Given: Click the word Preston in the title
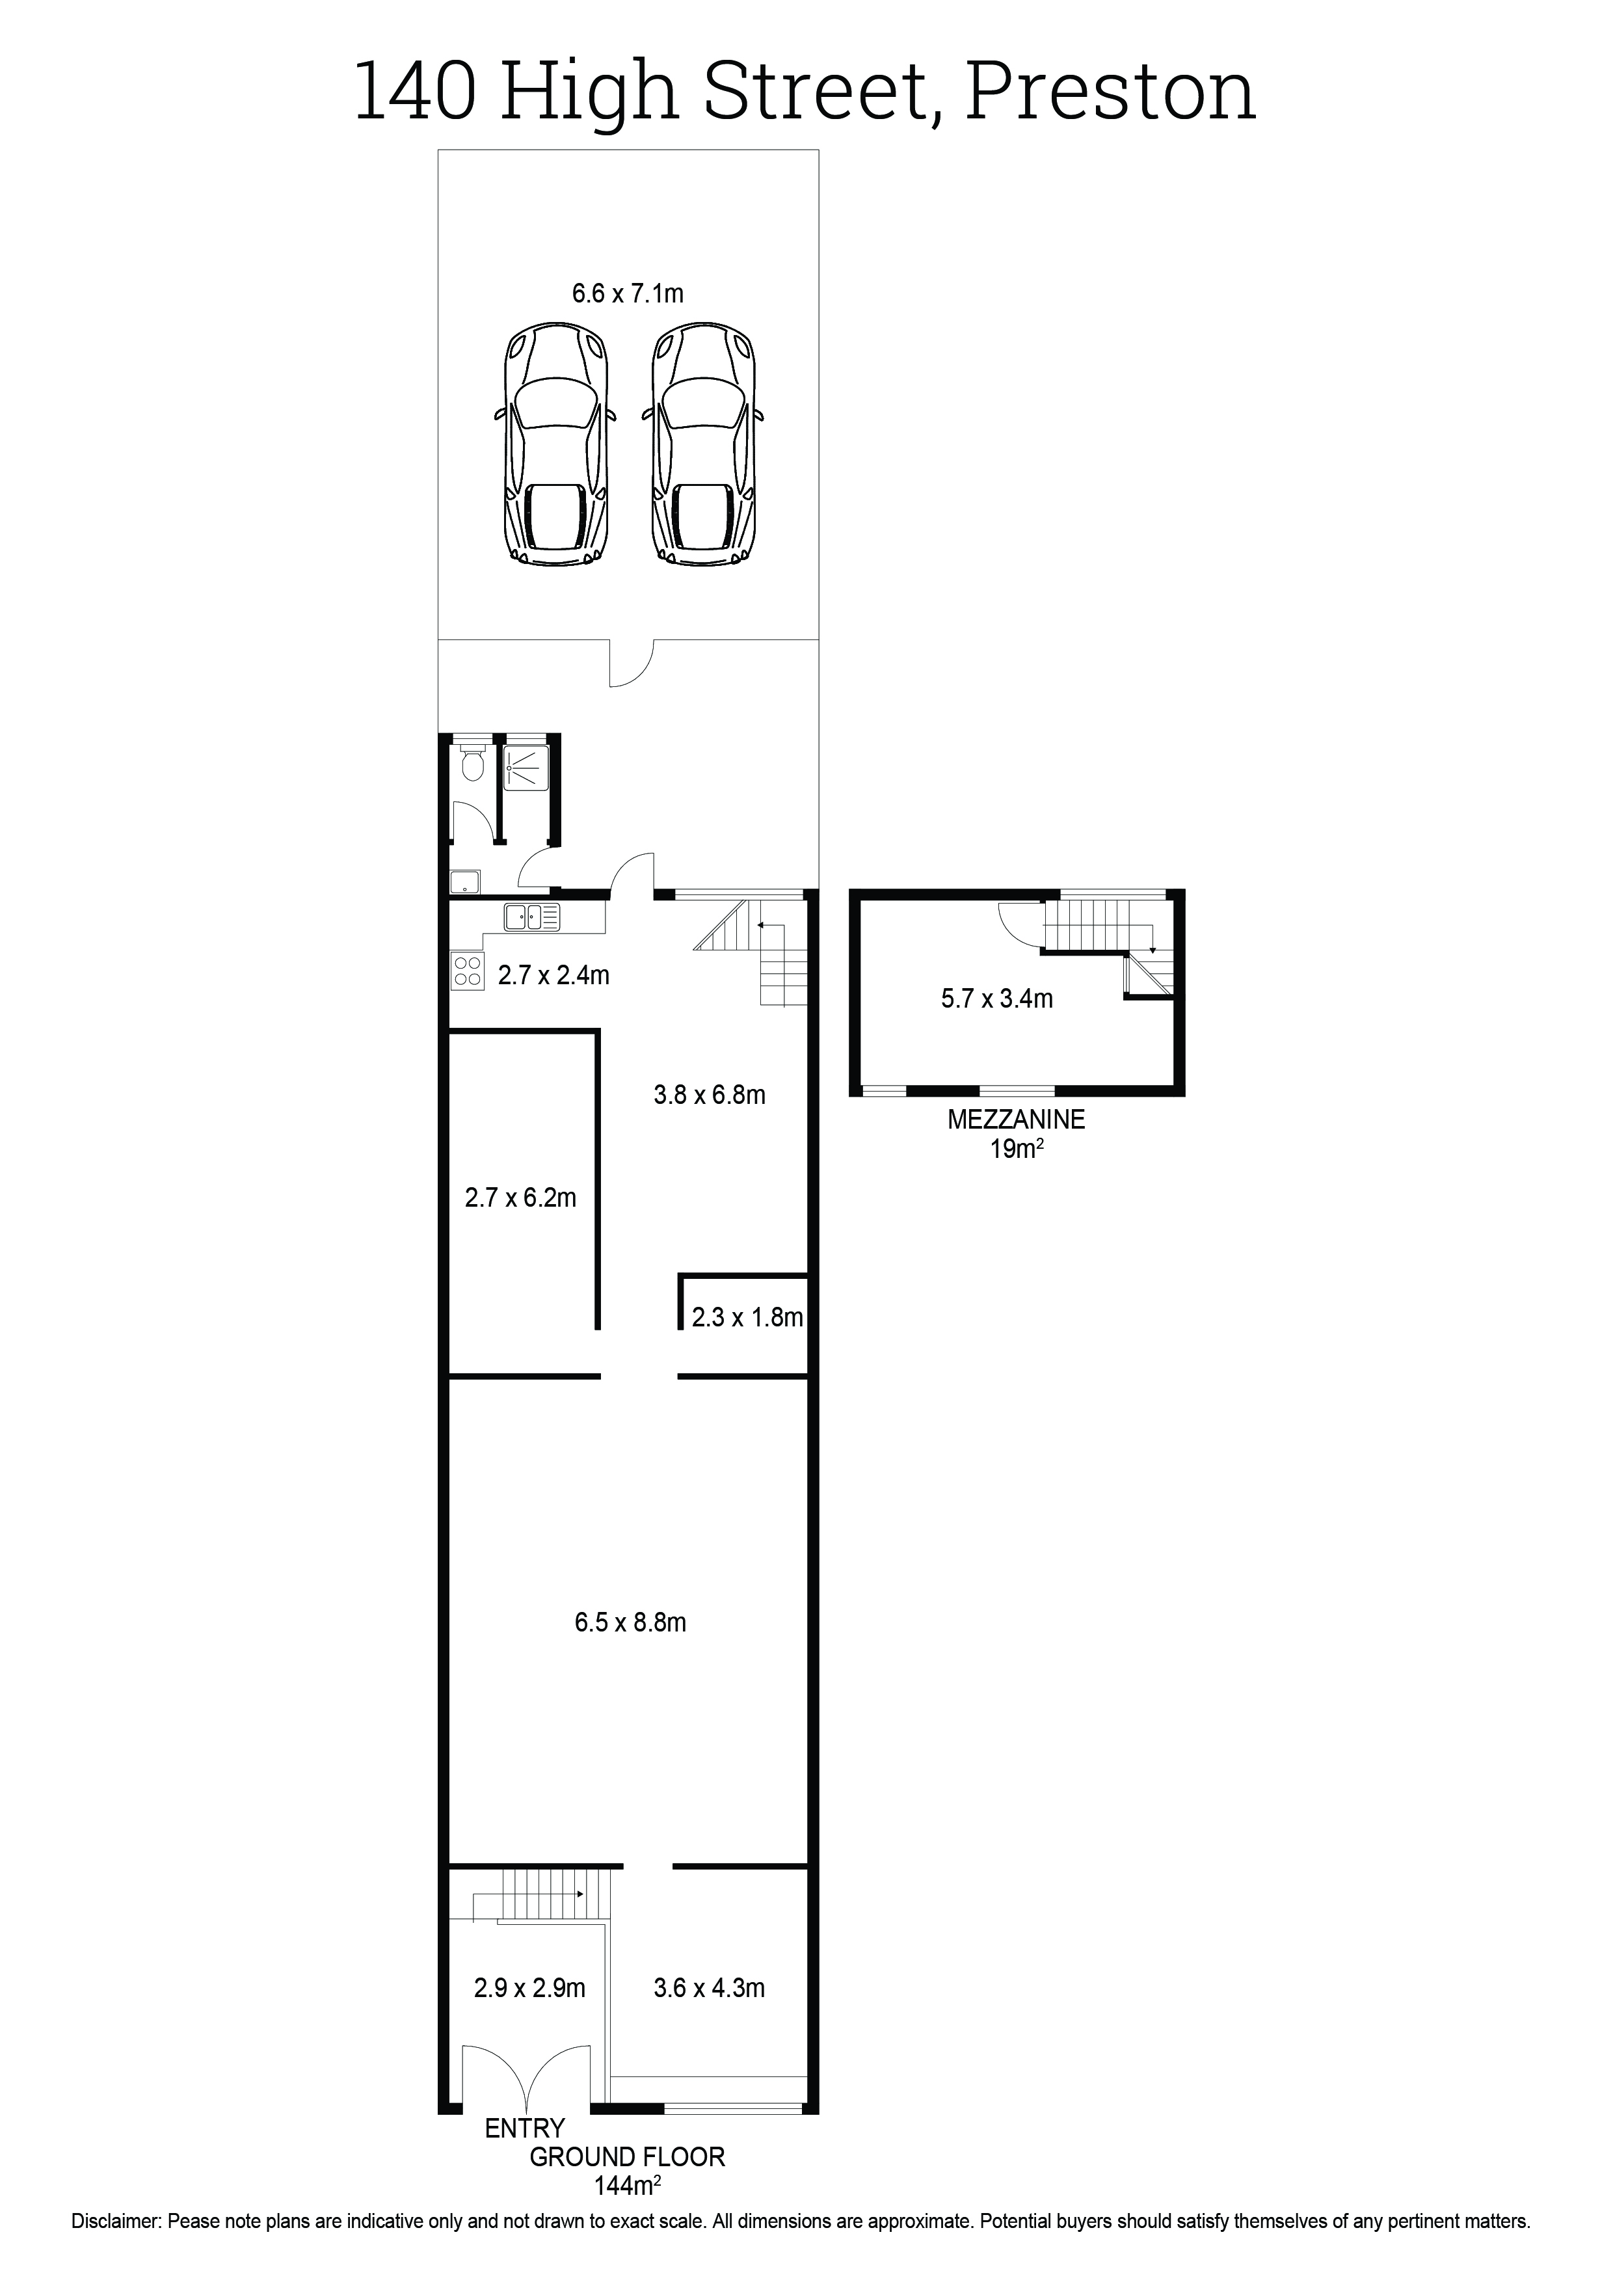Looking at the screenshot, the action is [1110, 92].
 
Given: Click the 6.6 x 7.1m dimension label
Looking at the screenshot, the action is [627, 293].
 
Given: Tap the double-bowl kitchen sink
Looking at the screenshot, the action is [531, 917].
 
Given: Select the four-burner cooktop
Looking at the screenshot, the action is [467, 971].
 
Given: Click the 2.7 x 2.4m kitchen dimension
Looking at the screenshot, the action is [553, 975].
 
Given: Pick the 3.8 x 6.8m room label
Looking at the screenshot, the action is [710, 1095].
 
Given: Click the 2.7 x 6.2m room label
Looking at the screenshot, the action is [521, 1198].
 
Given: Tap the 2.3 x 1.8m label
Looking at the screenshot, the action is [747, 1318].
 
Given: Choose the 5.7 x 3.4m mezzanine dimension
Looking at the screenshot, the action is [997, 999].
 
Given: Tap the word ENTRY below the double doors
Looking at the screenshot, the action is [525, 2128].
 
